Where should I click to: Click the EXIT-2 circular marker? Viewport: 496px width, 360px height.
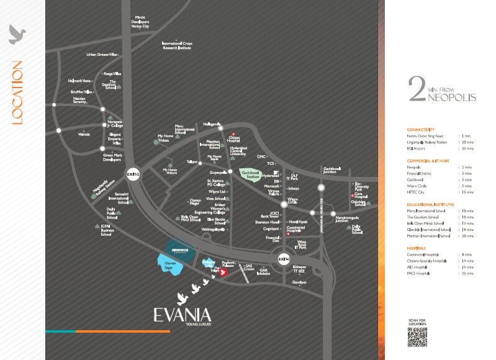click(x=132, y=174)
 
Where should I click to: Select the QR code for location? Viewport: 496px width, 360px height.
click(x=418, y=336)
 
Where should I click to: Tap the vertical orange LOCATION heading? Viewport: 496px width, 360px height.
click(x=17, y=92)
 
